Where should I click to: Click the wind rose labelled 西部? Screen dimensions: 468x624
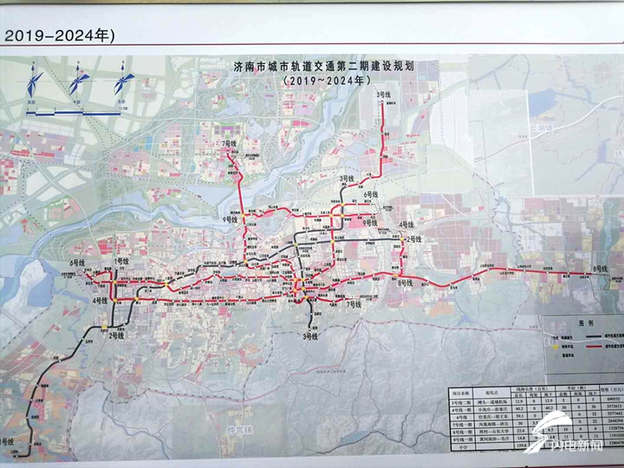[x=35, y=81]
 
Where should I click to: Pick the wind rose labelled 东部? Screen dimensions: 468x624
[x=125, y=81]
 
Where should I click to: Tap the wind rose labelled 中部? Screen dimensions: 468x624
[x=79, y=81]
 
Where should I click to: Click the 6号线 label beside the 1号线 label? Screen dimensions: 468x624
[x=78, y=261]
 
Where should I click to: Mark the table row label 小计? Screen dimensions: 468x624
[x=459, y=447]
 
